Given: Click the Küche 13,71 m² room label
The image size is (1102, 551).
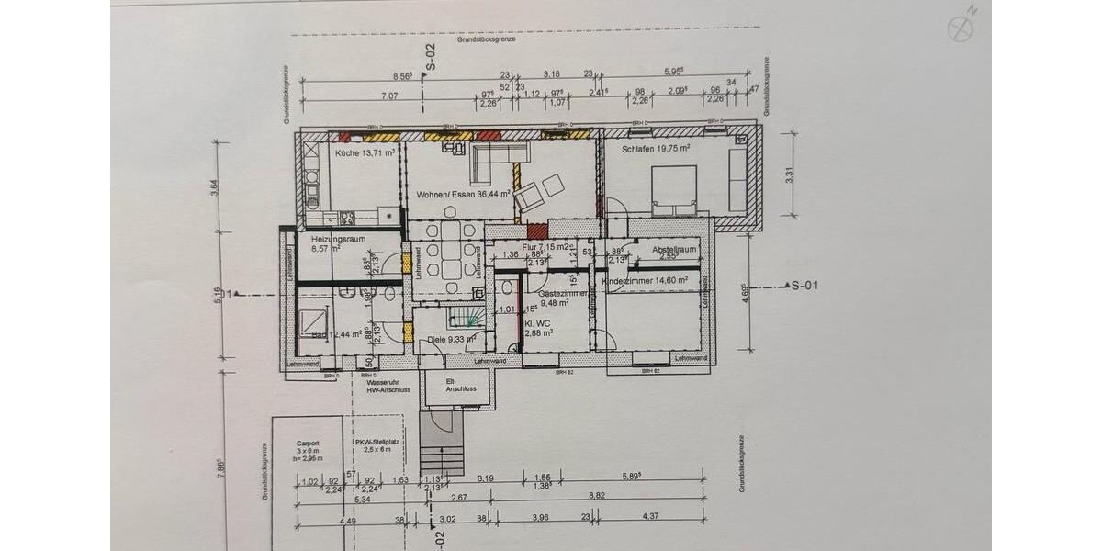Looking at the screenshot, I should (365, 152).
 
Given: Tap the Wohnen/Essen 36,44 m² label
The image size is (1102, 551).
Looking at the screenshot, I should (463, 195).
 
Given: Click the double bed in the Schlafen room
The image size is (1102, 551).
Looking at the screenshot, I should (674, 190).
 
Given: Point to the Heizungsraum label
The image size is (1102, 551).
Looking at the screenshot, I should (338, 239).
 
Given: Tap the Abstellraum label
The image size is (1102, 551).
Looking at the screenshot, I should (675, 249).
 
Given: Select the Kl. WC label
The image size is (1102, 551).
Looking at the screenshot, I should (537, 325).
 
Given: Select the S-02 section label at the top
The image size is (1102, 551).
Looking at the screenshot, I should (430, 57).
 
